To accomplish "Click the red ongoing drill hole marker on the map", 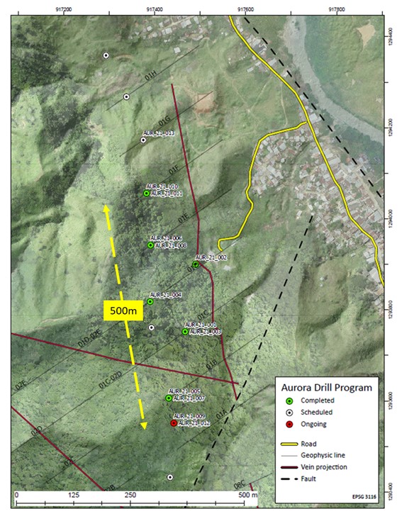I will click(x=174, y=423).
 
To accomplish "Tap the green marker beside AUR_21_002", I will click(x=196, y=264).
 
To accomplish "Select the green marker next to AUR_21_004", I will click(x=150, y=302).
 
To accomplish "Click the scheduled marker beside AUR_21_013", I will click(x=143, y=140).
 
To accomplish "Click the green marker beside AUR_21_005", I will click(x=169, y=398).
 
